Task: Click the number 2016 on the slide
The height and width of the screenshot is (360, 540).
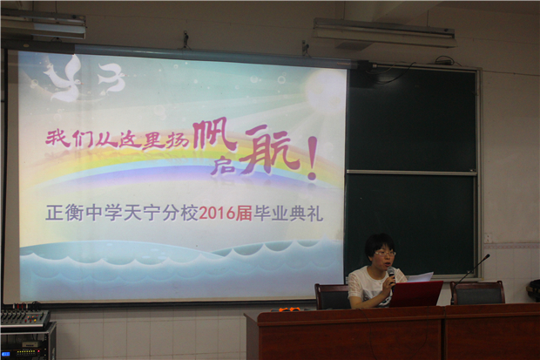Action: (x=217, y=214)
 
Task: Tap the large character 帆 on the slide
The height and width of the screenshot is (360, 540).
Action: (x=214, y=135)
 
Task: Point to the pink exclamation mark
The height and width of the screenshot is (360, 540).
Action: (x=312, y=158)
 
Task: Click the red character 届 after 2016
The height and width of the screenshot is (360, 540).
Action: (x=244, y=214)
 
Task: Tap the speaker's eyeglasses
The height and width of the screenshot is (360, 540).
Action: (x=385, y=254)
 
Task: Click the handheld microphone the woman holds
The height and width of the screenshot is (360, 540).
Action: (x=391, y=275)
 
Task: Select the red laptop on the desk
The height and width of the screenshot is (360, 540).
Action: (x=415, y=294)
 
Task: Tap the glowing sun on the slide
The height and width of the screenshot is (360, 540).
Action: (x=324, y=91)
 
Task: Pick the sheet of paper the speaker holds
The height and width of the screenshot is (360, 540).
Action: (x=420, y=277)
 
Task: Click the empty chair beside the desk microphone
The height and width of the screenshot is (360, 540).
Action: (x=477, y=292)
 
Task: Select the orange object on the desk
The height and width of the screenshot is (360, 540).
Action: (x=288, y=309)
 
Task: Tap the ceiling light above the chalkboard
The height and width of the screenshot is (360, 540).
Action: (x=384, y=33)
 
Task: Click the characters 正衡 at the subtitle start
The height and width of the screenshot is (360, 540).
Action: (x=64, y=214)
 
